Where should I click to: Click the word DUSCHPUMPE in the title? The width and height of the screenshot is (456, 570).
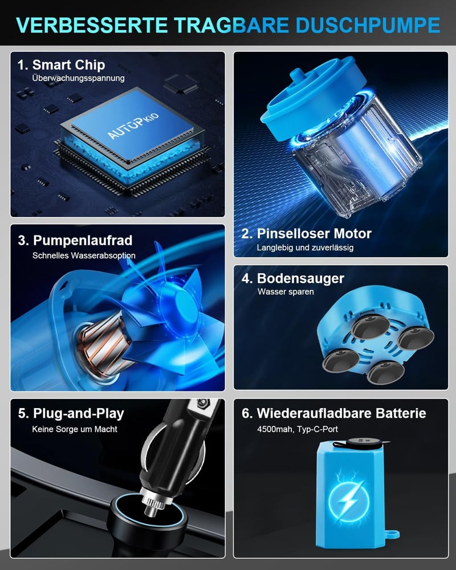[x=368, y=25]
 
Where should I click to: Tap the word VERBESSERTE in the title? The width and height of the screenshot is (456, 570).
[x=92, y=25]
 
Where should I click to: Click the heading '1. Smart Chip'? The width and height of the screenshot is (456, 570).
[x=62, y=65]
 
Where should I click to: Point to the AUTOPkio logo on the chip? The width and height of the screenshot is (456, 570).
[x=133, y=126]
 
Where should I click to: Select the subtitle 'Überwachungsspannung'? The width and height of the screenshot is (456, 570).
[x=78, y=78]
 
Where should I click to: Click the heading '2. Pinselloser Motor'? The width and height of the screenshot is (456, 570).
[x=307, y=233]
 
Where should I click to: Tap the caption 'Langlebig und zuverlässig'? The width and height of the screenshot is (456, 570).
[x=305, y=247]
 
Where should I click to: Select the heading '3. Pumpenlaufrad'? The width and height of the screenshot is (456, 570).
[x=75, y=241]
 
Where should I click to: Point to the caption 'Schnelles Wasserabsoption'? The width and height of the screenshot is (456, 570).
[x=84, y=255]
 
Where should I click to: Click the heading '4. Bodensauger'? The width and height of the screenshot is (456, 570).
[x=293, y=279]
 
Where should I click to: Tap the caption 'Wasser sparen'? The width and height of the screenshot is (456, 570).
[x=286, y=291]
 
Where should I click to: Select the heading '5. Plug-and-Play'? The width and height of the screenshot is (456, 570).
[x=71, y=414]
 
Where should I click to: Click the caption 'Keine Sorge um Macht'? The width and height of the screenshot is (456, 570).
[x=75, y=429]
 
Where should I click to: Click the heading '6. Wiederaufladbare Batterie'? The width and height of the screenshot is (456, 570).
[x=334, y=413]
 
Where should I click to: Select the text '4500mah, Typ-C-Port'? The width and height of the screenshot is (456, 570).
[x=298, y=429]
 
